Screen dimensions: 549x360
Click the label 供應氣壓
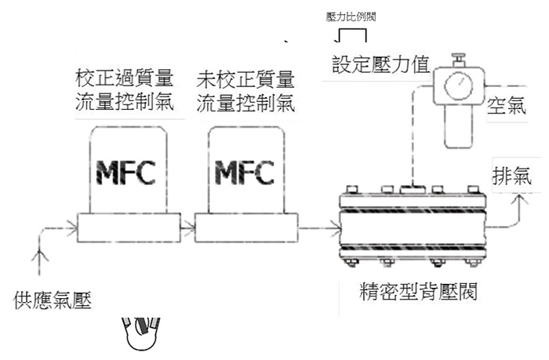(53, 300)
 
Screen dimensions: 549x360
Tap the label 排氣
(512, 176)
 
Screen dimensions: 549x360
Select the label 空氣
(507, 105)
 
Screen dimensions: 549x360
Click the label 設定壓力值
(381, 64)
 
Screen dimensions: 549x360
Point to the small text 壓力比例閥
(351, 16)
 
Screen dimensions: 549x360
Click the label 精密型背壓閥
(418, 291)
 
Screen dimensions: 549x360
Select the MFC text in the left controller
(125, 173)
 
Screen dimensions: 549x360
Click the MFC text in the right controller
(244, 173)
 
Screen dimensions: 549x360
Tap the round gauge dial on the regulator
(458, 86)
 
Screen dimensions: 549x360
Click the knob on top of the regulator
(458, 60)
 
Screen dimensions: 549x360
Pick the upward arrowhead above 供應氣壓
(39, 255)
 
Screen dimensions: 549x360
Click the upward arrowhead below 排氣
(520, 201)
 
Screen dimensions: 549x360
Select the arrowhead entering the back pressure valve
(336, 229)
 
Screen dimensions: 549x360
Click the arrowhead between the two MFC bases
(189, 228)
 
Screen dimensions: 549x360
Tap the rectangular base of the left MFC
(129, 228)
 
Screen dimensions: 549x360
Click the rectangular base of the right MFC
(246, 228)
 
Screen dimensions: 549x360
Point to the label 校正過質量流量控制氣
(124, 90)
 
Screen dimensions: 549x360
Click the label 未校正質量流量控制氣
(245, 92)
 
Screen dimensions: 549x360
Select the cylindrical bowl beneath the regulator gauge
(459, 126)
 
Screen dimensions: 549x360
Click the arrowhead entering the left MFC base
(72, 228)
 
